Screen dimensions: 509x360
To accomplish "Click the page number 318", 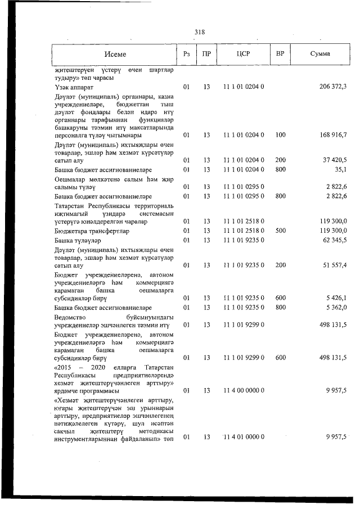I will [199, 31].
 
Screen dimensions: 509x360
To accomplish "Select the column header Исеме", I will [115, 54].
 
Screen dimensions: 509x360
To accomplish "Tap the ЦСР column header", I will [243, 54].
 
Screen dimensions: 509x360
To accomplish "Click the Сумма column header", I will [320, 54].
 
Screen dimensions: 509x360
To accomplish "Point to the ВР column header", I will [280, 54].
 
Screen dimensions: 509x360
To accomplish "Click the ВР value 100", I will [280, 135].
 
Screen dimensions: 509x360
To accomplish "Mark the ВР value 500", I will [280, 231].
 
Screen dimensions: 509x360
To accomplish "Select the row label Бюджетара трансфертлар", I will [92, 231].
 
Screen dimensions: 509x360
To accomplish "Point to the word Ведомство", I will [73, 317].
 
